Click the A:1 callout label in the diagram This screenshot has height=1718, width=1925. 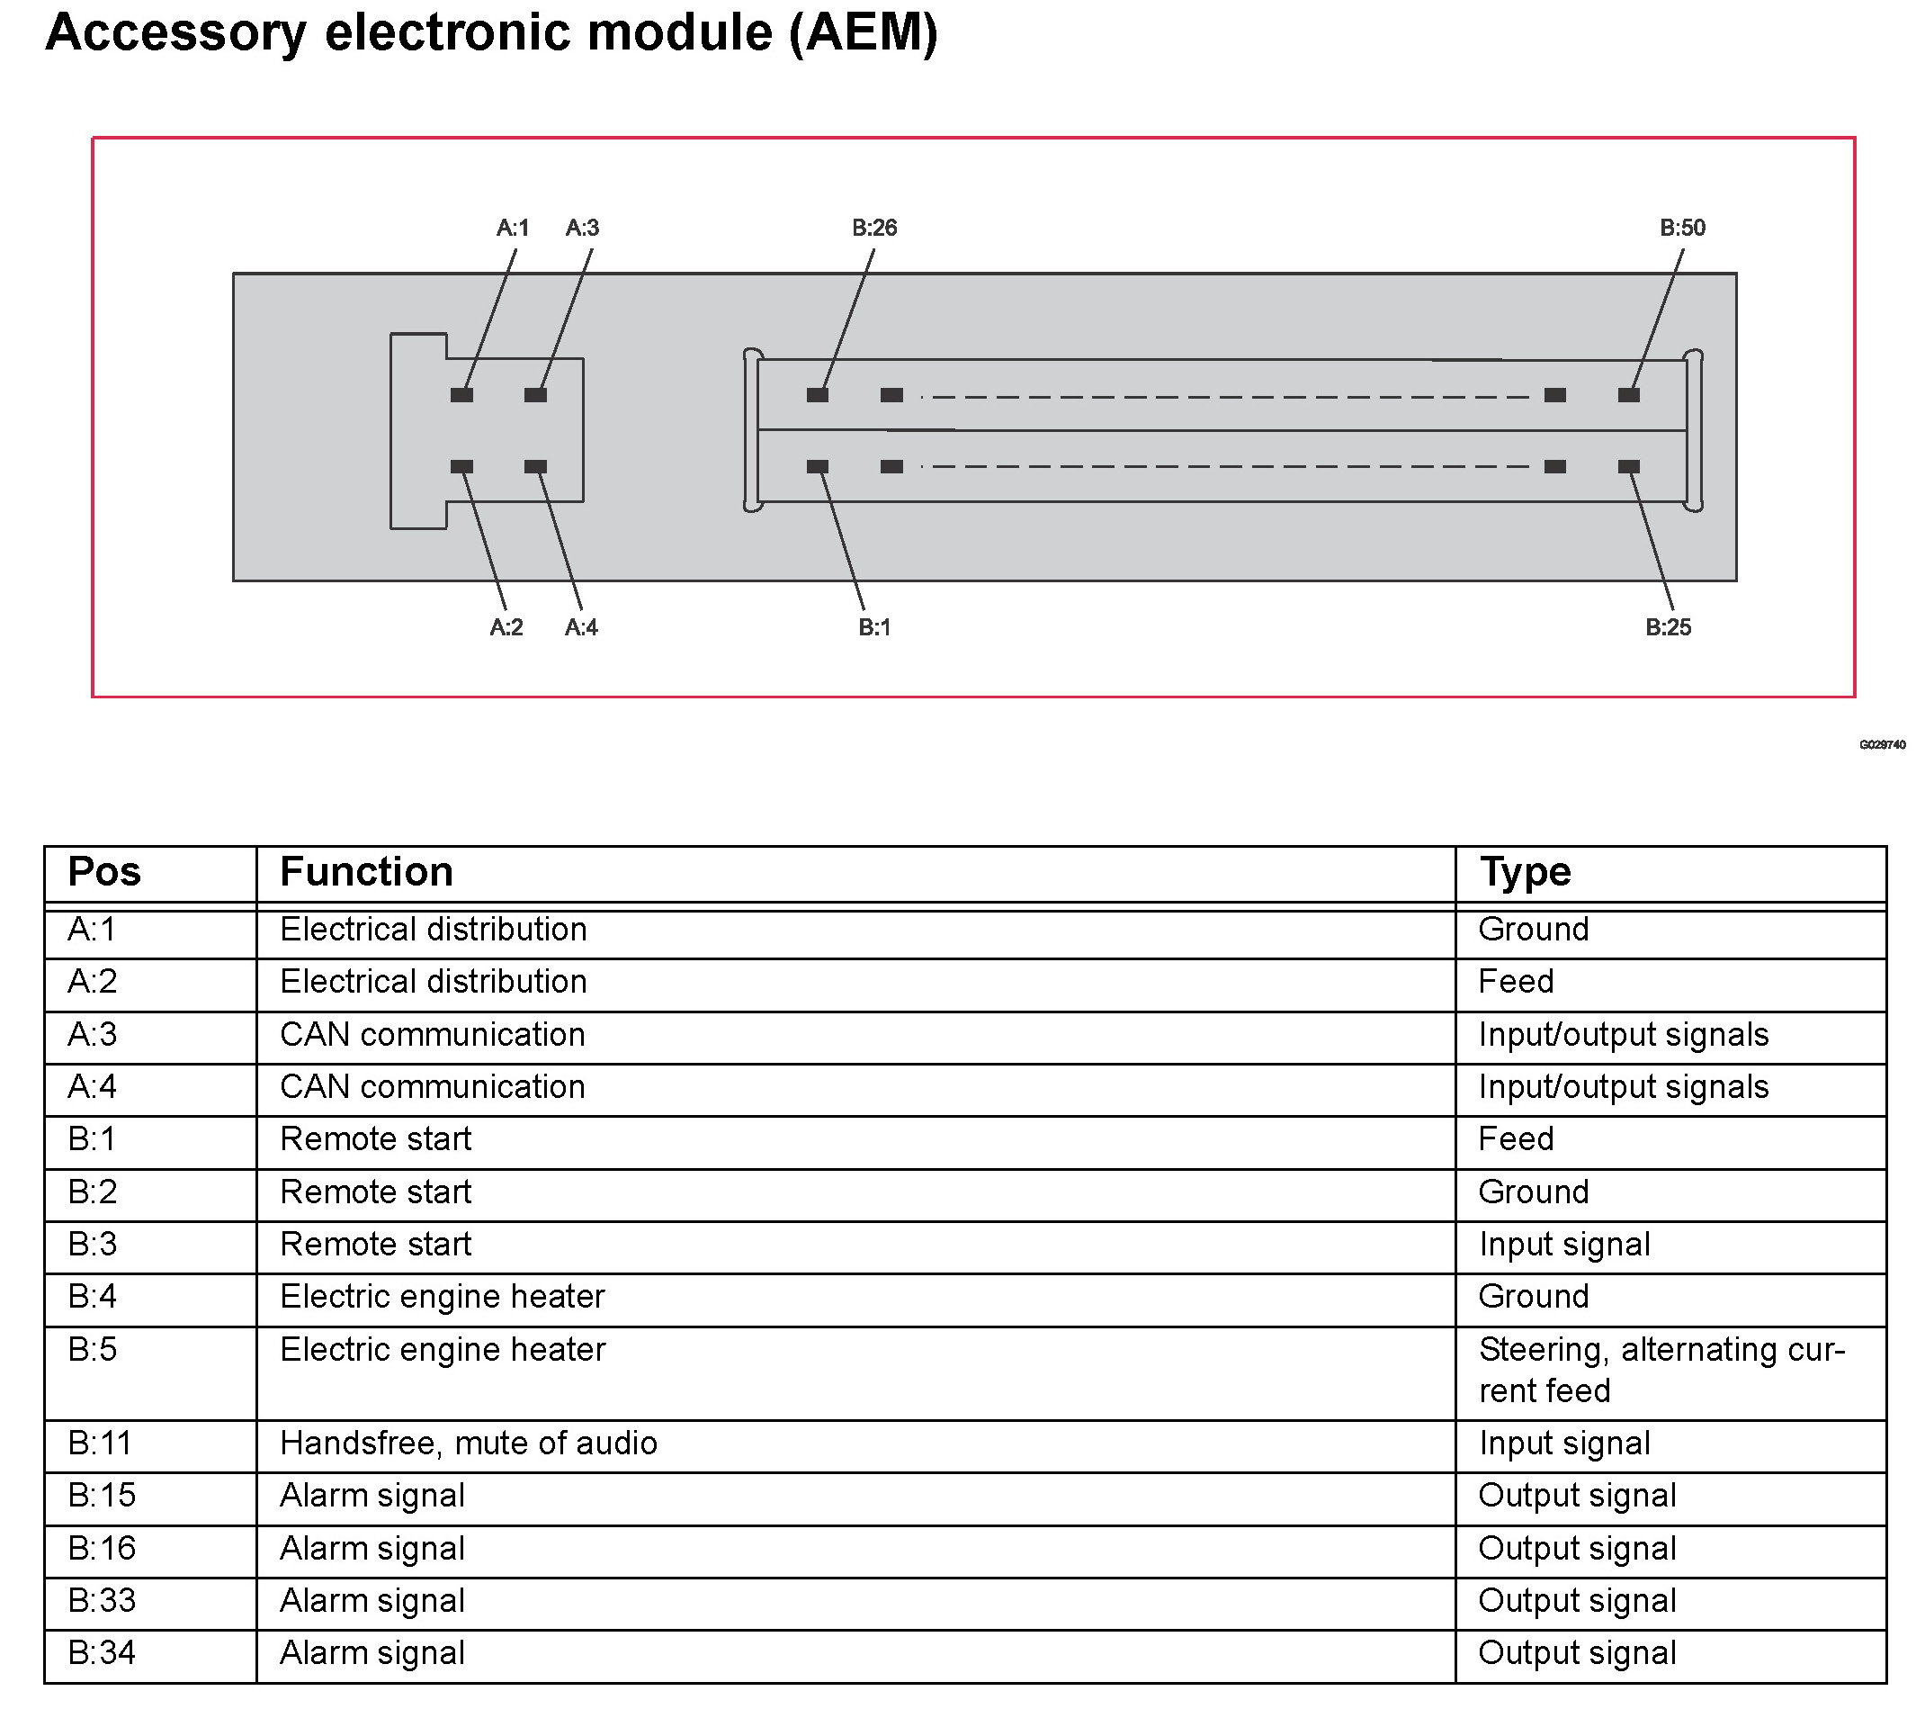click(x=513, y=228)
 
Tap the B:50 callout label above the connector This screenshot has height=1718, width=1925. click(x=1682, y=228)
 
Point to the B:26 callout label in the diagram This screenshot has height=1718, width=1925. click(x=873, y=228)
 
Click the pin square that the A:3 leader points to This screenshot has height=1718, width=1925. click(x=536, y=394)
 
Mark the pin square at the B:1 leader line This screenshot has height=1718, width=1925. click(x=817, y=466)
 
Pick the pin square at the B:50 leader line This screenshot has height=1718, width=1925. click(x=1629, y=394)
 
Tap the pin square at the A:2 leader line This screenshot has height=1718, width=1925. click(x=461, y=466)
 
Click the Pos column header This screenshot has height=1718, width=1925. click(x=104, y=872)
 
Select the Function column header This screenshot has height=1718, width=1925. click(x=366, y=872)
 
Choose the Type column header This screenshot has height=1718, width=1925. click(x=1525, y=872)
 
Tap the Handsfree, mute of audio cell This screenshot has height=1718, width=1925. click(x=468, y=1444)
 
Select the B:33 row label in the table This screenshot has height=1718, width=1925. click(x=102, y=1601)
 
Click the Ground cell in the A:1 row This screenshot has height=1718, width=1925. click(x=1534, y=930)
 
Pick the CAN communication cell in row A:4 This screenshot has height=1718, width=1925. click(x=432, y=1087)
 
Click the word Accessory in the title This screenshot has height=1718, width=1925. click(x=175, y=32)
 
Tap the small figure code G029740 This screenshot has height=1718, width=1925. click(x=1882, y=745)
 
